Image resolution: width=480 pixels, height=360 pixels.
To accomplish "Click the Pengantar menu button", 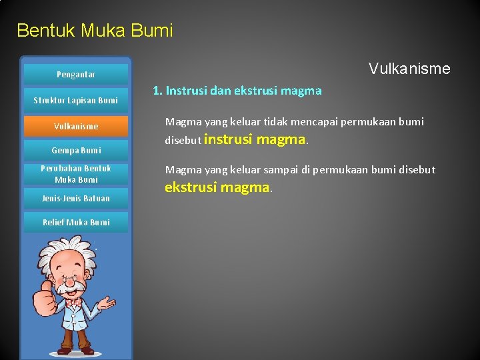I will coord(75,75).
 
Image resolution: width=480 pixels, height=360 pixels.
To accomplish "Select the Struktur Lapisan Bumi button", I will coord(75,101).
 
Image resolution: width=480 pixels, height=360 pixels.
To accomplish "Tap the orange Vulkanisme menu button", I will coord(75,126).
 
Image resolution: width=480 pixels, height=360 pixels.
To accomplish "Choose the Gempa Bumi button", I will coord(75,150).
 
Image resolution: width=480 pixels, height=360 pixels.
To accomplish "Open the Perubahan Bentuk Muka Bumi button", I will coord(75,174).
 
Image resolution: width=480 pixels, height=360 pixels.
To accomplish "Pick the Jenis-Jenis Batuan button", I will coord(75,198).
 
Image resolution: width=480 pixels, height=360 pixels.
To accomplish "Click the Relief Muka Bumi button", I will coord(75,222).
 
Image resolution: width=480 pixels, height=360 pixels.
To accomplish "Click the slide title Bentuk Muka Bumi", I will coord(95,31).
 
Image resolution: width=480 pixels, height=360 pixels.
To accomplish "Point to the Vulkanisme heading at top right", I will coord(409,69).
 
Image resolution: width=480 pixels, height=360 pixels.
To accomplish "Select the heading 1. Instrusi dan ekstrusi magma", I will coord(237,91).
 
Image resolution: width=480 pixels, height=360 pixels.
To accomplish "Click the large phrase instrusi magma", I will coord(254,139).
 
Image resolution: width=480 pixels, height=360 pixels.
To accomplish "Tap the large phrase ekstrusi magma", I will coord(217,187).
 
